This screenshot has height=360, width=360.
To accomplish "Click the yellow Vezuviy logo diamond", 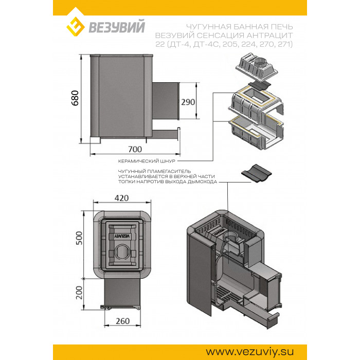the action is [76, 27].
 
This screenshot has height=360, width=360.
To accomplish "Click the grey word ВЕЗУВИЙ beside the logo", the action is [117, 27].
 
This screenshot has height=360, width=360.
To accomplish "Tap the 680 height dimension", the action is [75, 98].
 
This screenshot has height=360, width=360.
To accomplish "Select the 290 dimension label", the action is [188, 102].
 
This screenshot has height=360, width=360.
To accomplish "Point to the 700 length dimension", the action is [135, 149].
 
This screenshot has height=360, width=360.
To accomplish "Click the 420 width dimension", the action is [121, 198].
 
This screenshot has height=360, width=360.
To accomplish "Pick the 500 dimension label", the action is [79, 238].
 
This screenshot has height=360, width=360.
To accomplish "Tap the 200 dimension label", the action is [79, 293].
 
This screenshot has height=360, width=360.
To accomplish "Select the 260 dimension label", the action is [122, 321].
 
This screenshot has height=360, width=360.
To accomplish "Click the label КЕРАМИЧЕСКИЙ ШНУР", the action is [147, 161].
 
